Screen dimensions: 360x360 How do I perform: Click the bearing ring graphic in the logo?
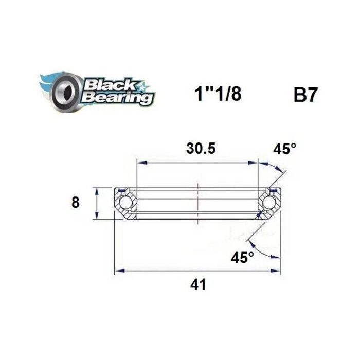(x=65, y=91)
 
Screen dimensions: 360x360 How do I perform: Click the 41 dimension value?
(x=198, y=283)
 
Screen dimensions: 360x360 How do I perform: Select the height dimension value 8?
(x=76, y=203)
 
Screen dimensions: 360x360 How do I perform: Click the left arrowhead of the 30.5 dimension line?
(x=139, y=163)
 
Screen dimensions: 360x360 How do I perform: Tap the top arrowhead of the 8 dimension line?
(x=97, y=189)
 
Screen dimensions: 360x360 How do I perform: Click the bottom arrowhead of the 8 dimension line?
(x=97, y=217)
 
